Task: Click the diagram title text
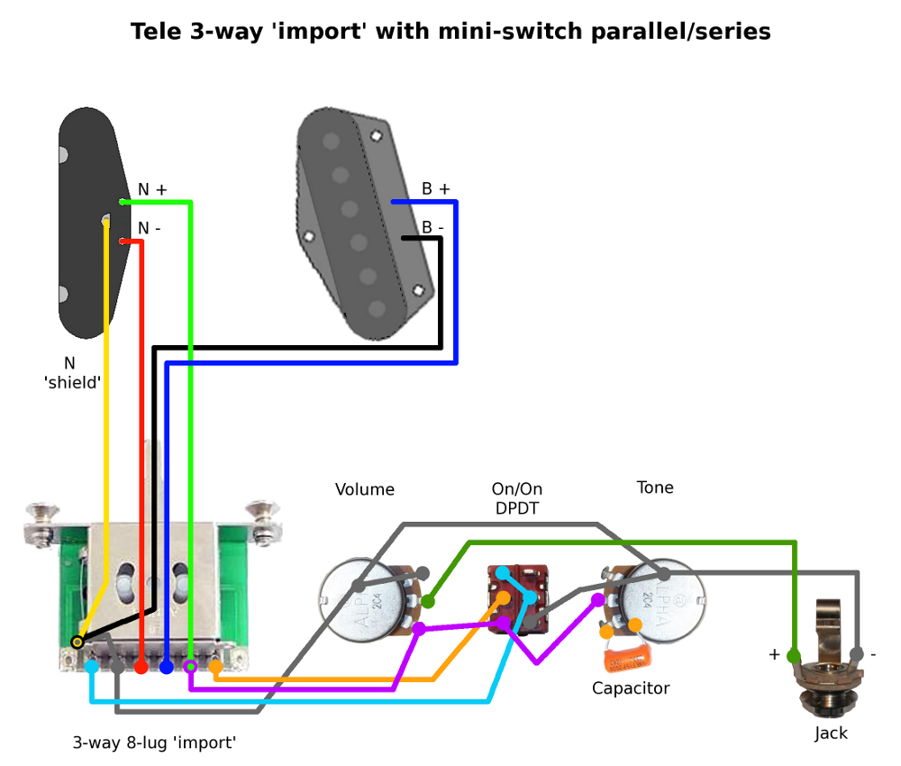[x=450, y=32]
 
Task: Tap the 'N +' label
[x=152, y=190]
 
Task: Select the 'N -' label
[x=150, y=228]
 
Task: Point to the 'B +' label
[x=436, y=189]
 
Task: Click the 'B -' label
[x=433, y=228]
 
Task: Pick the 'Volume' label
[x=365, y=490]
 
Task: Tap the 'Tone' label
[x=655, y=488]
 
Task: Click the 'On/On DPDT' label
[x=517, y=499]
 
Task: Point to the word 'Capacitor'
[x=631, y=688]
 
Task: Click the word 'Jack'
[x=831, y=734]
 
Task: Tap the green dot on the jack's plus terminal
[x=794, y=654]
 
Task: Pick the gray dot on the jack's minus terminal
[x=857, y=654]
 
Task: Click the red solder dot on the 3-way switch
[x=141, y=667]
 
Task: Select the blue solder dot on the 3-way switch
[x=167, y=667]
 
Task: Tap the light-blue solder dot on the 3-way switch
[x=92, y=667]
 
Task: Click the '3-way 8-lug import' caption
[x=154, y=743]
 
